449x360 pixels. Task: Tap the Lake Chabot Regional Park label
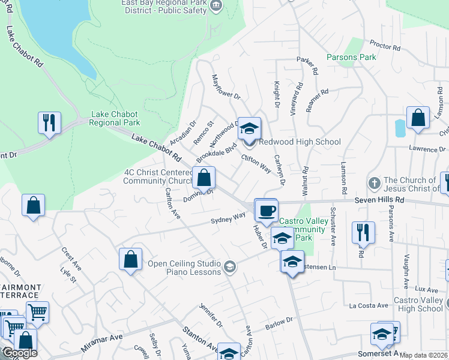[114, 118]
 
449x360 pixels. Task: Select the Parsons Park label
[351, 57]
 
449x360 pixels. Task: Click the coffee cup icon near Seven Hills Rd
[266, 210]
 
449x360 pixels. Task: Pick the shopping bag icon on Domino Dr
[204, 178]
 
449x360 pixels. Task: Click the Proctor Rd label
[385, 45]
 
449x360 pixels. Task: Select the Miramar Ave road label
[101, 343]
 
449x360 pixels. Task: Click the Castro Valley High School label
[418, 304]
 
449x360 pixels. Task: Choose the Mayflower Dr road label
[226, 87]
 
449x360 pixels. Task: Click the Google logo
[20, 353]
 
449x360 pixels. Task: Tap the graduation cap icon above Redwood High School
[250, 127]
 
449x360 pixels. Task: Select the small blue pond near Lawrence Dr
[400, 127]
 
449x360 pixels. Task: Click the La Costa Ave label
[369, 305]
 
